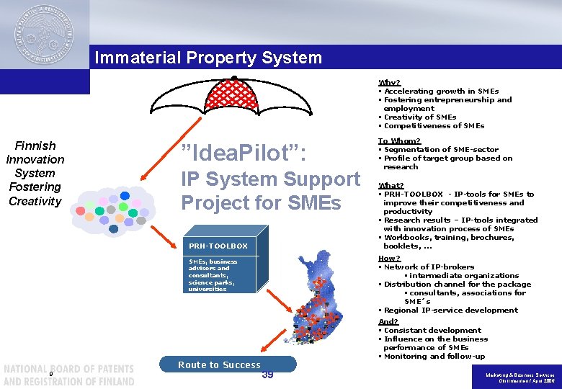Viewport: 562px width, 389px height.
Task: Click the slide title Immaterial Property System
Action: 208,57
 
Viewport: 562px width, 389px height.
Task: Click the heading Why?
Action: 389,83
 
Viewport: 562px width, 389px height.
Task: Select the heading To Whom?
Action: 399,141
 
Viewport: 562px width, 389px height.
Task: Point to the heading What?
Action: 391,185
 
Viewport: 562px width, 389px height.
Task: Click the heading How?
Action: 389,258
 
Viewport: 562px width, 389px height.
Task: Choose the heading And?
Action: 388,321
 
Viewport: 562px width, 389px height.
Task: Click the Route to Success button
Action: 220,365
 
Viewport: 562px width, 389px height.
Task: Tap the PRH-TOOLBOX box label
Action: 218,246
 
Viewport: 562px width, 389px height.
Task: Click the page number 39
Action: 267,375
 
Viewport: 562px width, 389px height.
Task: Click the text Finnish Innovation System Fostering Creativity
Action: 35,173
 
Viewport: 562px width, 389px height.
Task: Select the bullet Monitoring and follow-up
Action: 434,356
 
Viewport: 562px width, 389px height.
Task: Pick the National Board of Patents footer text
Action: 68,375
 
